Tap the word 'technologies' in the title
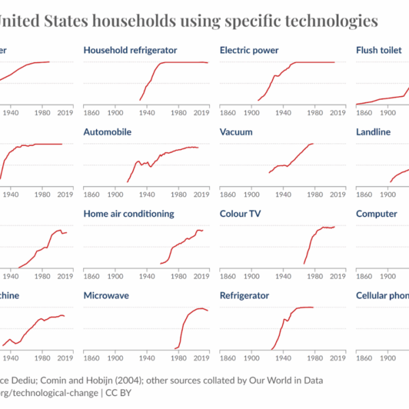point(329,22)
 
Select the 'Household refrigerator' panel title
point(130,50)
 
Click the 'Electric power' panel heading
point(249,50)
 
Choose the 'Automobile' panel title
point(108,132)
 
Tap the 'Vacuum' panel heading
point(237,132)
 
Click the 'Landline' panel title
point(374,132)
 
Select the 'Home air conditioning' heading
point(129,214)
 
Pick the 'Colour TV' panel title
point(240,214)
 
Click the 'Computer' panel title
point(376,214)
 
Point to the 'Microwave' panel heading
point(106,296)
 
